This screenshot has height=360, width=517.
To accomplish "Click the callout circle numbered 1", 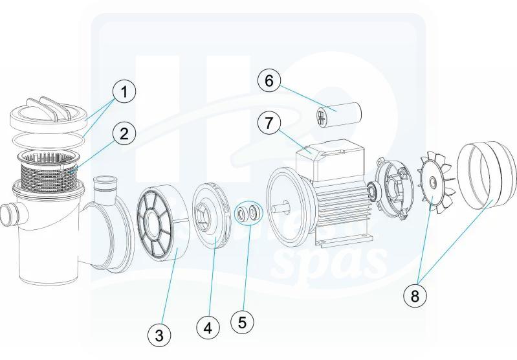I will pos(124,91).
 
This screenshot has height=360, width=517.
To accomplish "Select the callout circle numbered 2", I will pos(124,134).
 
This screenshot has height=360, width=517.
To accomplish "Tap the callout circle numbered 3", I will pos(159,335).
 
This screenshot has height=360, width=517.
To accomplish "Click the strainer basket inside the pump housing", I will pos(49,170).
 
